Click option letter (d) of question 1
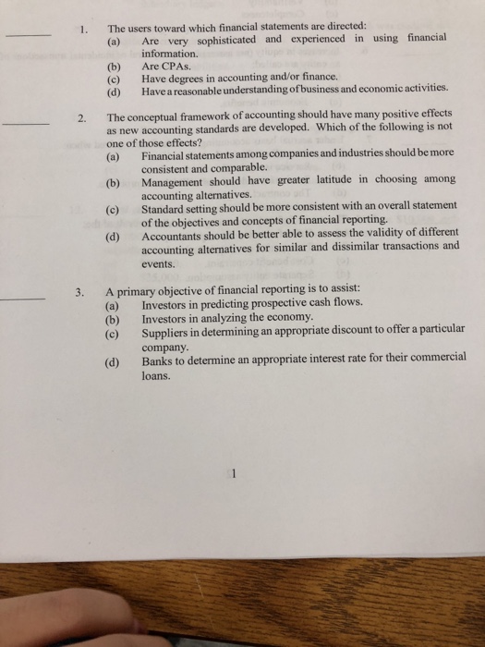coord(114,91)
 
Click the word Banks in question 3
coord(158,363)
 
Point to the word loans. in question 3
coord(156,377)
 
